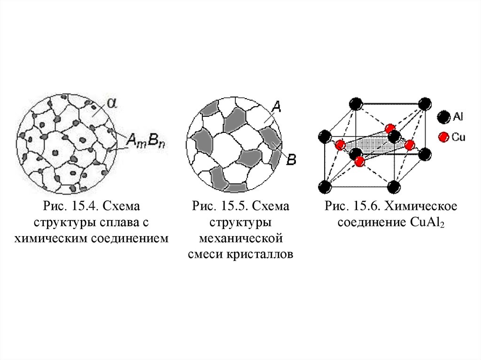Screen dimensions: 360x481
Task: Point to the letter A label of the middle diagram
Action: coord(277,108)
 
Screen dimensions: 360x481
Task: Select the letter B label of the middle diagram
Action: coord(291,160)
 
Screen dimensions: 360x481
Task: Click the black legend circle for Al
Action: coord(443,117)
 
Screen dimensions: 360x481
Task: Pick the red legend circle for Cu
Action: coord(443,137)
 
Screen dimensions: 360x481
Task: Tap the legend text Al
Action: coord(458,117)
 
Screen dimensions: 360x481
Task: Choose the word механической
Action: coord(240,238)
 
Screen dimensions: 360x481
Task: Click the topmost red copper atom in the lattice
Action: coord(389,129)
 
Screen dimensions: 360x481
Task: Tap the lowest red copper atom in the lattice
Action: coord(360,161)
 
